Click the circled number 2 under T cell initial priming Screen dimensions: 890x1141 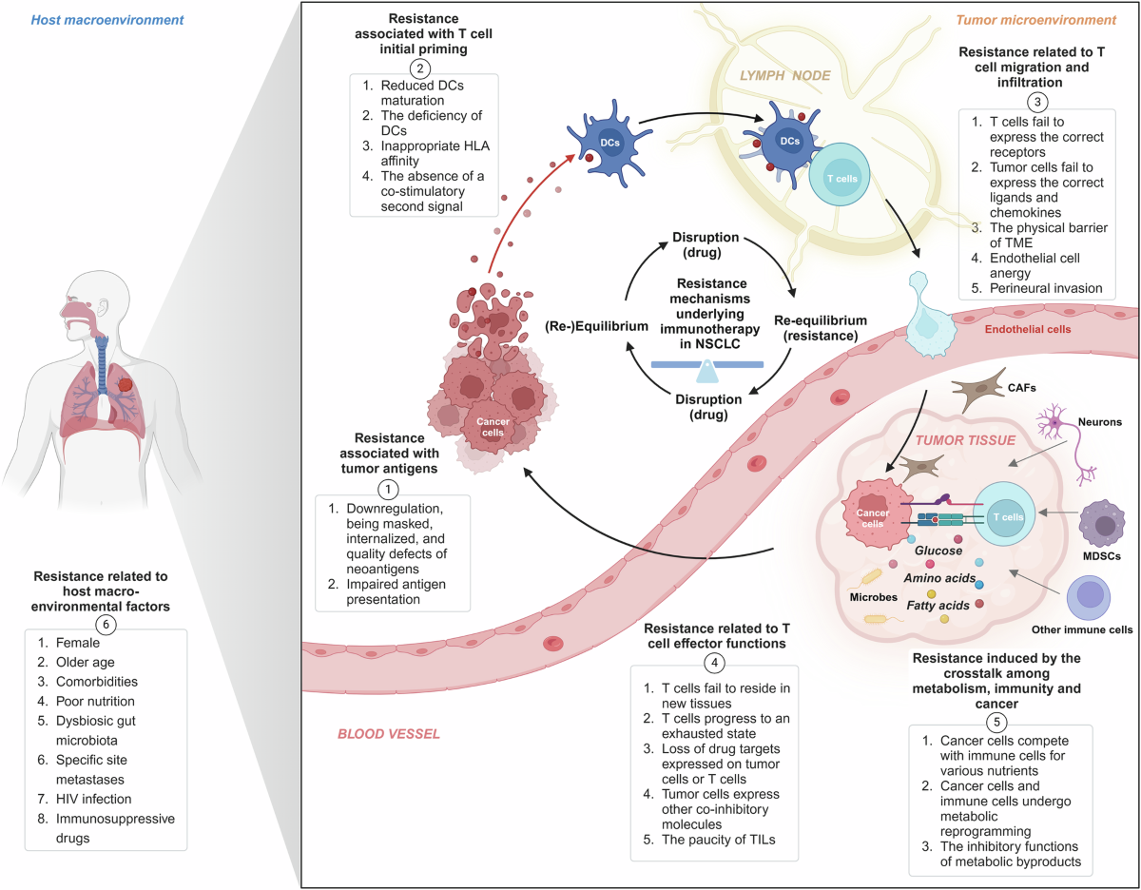coord(418,67)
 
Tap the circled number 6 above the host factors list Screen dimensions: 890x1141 coord(106,623)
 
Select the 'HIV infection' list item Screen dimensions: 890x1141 coord(81,799)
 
